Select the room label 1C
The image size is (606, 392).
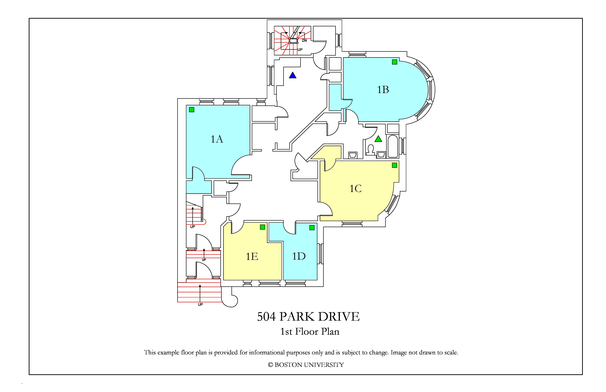click(x=355, y=189)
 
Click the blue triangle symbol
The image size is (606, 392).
click(x=293, y=75)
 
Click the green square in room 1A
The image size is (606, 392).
click(x=192, y=110)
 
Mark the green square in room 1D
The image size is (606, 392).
click(x=312, y=228)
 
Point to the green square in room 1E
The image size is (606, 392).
click(x=262, y=227)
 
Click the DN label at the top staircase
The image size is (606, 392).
click(x=304, y=41)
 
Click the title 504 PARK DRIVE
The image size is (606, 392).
click(x=308, y=317)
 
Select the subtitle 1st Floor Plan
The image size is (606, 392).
click(x=310, y=331)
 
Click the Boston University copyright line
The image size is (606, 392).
click(x=306, y=365)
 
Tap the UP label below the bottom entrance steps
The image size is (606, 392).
click(x=200, y=304)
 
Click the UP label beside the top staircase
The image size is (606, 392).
click(x=300, y=50)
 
